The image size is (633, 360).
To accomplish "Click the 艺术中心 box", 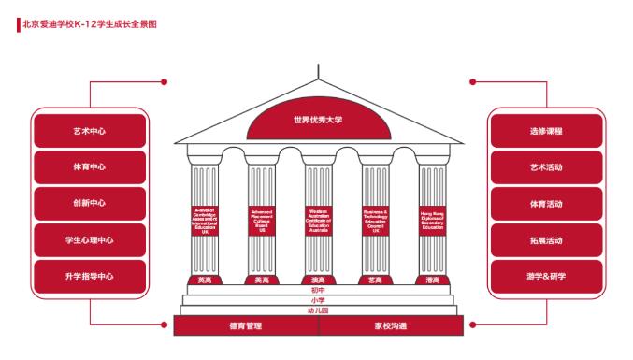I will pyautogui.click(x=90, y=131).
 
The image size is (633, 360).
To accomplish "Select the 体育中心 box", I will pyautogui.click(x=90, y=167).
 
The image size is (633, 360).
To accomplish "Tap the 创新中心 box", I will pyautogui.click(x=90, y=204).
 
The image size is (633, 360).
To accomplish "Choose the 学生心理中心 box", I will pyautogui.click(x=90, y=240).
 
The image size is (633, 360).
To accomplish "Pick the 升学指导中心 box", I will pyautogui.click(x=90, y=277).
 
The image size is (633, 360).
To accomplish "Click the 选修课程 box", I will pyautogui.click(x=546, y=131).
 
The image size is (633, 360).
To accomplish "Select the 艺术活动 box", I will pyautogui.click(x=546, y=167).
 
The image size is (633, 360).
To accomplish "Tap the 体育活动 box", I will pyautogui.click(x=546, y=204).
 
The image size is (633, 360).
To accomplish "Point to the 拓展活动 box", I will pyautogui.click(x=546, y=240).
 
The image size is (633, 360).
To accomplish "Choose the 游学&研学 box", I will pyautogui.click(x=546, y=277).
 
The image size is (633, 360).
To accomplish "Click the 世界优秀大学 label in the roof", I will pyautogui.click(x=318, y=121).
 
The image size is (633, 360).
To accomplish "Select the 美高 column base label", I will pyautogui.click(x=262, y=280).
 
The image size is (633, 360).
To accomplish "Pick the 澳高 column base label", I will pyautogui.click(x=318, y=280).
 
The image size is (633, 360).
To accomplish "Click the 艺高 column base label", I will pyautogui.click(x=375, y=280).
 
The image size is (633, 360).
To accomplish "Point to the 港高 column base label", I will pyautogui.click(x=432, y=280).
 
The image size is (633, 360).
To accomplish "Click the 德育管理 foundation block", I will pyautogui.click(x=246, y=326).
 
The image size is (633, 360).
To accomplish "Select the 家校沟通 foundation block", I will pyautogui.click(x=390, y=326).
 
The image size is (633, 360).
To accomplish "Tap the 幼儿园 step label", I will pyautogui.click(x=318, y=310).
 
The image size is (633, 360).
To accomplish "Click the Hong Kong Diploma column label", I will pyautogui.click(x=432, y=221).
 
